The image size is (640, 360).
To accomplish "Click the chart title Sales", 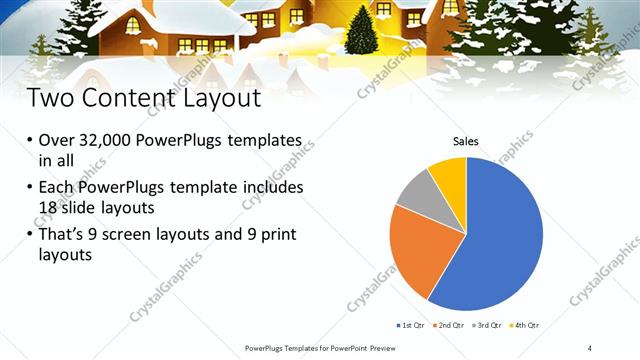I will point(466,142).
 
